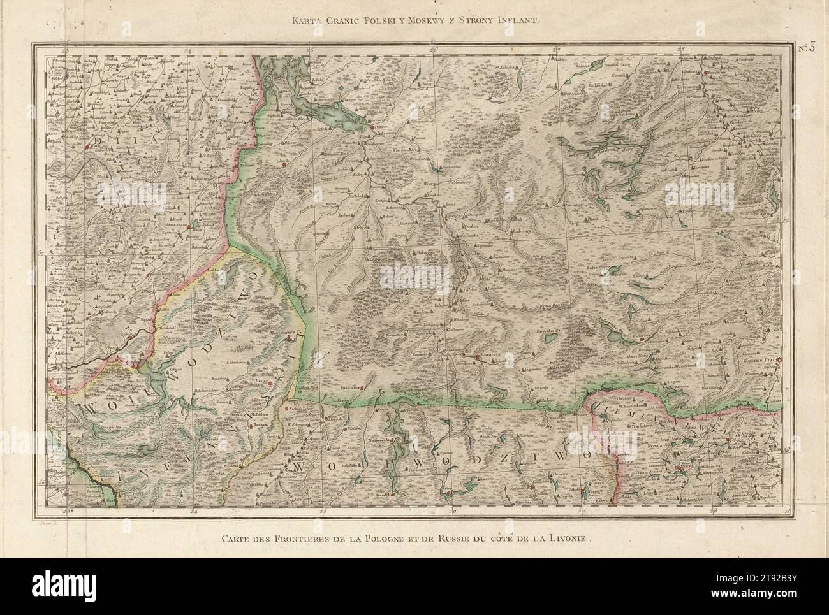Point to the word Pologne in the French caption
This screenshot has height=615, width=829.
[406, 537]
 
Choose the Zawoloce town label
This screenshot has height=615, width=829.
[490, 358]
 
